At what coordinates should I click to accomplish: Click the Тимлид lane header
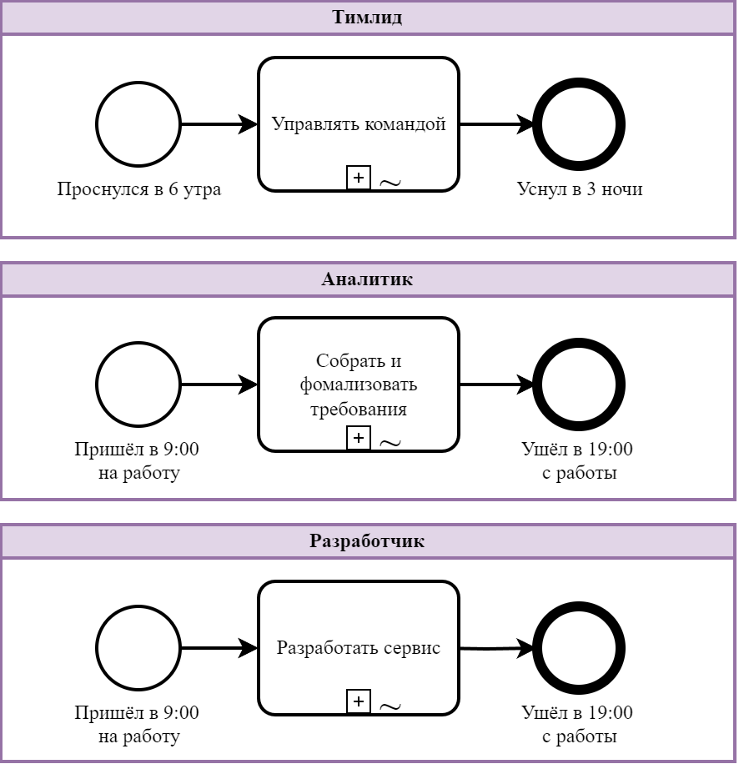(x=368, y=18)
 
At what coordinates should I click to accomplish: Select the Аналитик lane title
(x=368, y=279)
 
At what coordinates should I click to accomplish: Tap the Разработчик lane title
(x=368, y=540)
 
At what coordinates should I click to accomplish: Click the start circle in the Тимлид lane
(x=138, y=124)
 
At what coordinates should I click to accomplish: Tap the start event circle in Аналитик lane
(x=138, y=385)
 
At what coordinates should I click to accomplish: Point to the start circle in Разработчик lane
(x=138, y=648)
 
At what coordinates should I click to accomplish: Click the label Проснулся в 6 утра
(x=138, y=189)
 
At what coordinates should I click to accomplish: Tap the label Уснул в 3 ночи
(x=580, y=189)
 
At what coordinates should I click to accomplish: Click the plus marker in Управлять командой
(x=358, y=177)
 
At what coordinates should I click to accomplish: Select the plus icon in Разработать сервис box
(x=358, y=701)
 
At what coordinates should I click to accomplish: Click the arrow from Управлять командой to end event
(x=496, y=124)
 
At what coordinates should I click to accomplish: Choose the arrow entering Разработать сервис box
(x=219, y=648)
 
